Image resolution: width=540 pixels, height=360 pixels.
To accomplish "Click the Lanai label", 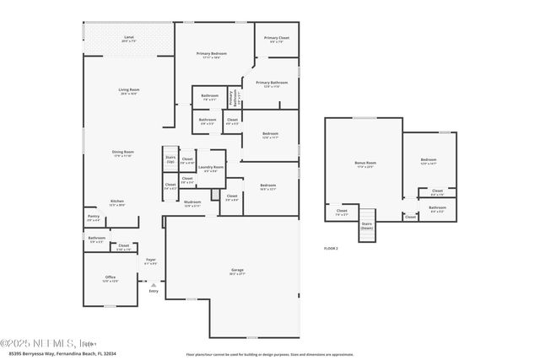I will pos(129,39).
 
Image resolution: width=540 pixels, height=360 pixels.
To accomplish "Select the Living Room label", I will pos(129,91).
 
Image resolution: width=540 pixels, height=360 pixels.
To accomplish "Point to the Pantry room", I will pos(93,218).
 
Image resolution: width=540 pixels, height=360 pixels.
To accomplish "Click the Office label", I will pos(110,278).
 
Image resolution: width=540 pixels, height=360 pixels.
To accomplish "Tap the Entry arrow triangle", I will pos(153,285).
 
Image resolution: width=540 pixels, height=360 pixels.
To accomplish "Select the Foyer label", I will pos(150,261).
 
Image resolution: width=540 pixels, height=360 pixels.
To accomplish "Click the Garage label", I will pos(237,271).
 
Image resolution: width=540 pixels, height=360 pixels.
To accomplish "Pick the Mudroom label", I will pos(192,203).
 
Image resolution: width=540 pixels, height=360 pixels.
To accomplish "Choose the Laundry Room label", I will pos(211,169).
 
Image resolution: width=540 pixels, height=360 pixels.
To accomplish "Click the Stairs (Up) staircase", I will pos(170,159).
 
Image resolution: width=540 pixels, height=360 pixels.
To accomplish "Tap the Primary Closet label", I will pos(276,39).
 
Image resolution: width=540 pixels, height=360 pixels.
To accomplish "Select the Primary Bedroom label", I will pos(212,56).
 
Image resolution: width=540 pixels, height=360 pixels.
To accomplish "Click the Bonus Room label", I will pos(364,164).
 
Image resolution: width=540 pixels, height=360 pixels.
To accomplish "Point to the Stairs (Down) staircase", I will pos(366,227).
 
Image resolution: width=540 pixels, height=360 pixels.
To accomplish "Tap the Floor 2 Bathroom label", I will pos(437,208).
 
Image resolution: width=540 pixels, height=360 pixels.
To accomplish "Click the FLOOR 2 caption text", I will pos(331,249).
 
